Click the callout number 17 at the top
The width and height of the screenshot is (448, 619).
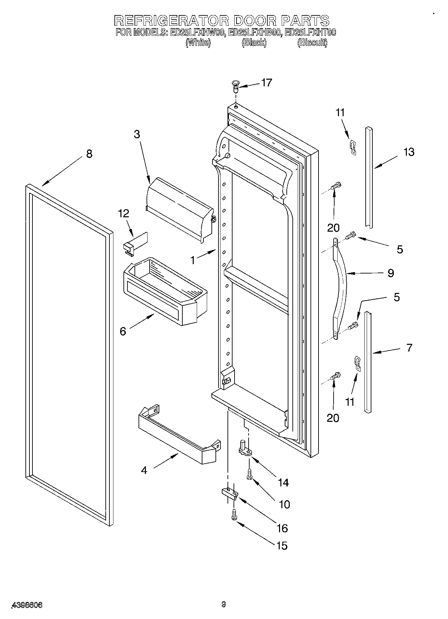266,82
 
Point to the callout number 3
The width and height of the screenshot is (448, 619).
137,134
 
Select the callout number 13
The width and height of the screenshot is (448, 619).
409,152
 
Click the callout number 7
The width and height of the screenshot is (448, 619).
409,347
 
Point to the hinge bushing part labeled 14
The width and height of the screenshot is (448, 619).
246,448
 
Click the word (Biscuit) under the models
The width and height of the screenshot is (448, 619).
312,43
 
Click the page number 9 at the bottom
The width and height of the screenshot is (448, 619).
223,604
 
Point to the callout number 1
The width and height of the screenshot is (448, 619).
193,260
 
